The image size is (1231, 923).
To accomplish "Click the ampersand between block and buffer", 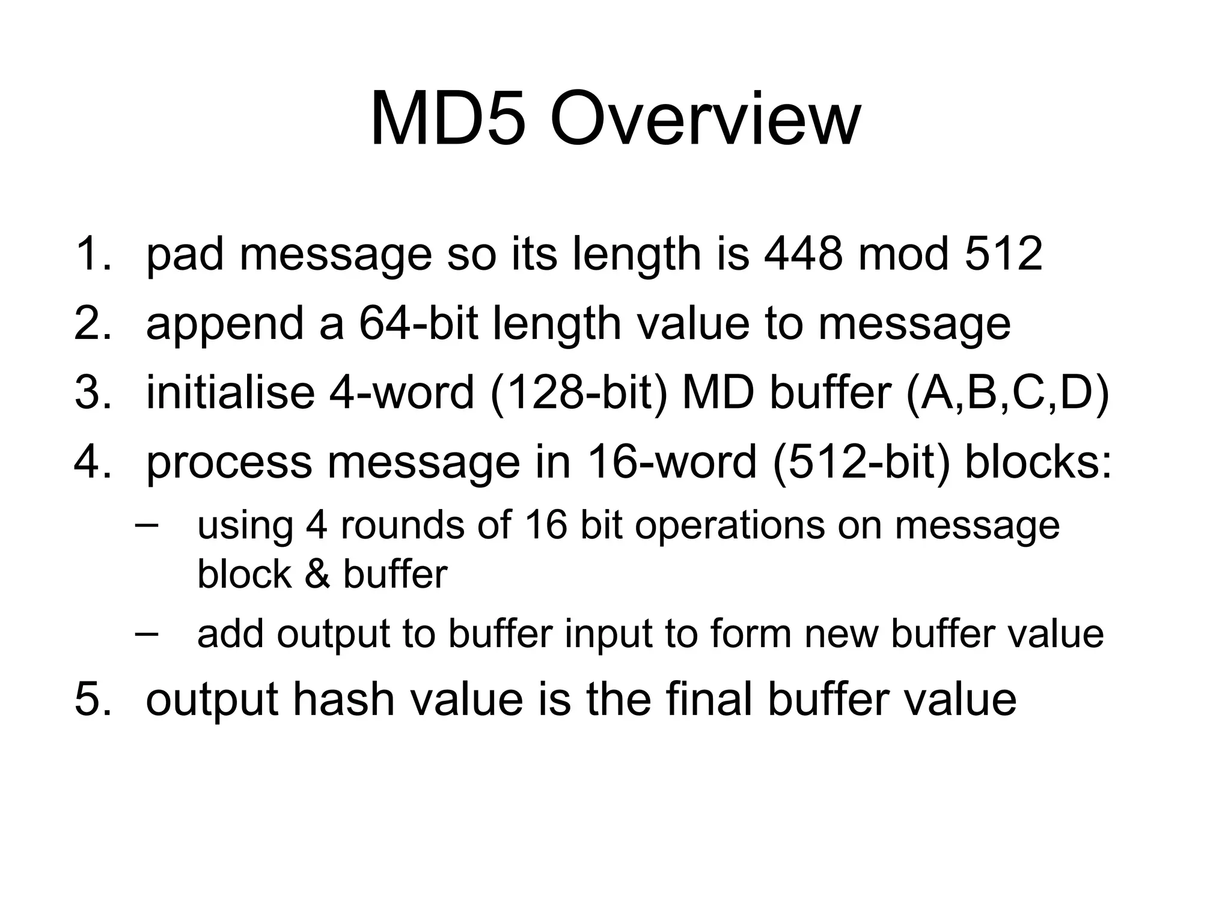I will pyautogui.click(x=317, y=574).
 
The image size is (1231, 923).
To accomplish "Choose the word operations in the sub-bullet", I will pyautogui.click(x=730, y=526).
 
